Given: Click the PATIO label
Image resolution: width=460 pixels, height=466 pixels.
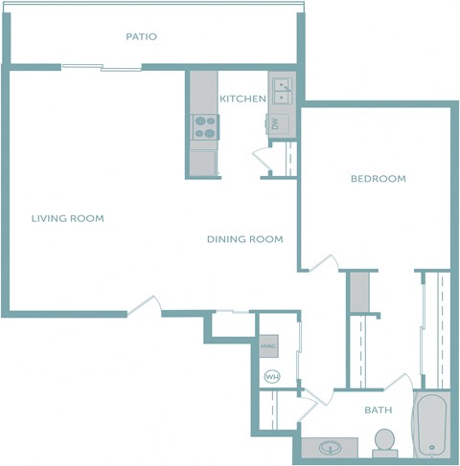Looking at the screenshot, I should coord(141,37).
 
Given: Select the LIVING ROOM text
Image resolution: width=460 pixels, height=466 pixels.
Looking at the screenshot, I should coord(67,218).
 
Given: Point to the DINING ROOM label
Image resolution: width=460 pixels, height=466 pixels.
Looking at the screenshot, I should coord(244,239).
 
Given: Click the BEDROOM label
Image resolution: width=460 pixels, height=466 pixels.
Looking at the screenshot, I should coord(378,179).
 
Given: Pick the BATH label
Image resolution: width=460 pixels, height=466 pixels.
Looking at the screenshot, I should coord(378,411).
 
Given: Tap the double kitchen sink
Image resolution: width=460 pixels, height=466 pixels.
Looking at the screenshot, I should coord(283,92).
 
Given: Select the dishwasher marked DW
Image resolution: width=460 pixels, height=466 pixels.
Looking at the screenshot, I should coord(275,123).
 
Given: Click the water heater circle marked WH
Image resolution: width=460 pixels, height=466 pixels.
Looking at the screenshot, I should coord(271,376).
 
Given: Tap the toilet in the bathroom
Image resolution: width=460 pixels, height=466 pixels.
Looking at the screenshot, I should coord(384,441).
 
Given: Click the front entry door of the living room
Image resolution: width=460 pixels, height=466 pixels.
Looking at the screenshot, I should coord(145,305).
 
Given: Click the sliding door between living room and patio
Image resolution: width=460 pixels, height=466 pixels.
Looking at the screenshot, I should coord(102,66).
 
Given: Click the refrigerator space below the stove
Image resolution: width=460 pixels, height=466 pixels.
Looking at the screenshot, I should coord(203,161).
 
